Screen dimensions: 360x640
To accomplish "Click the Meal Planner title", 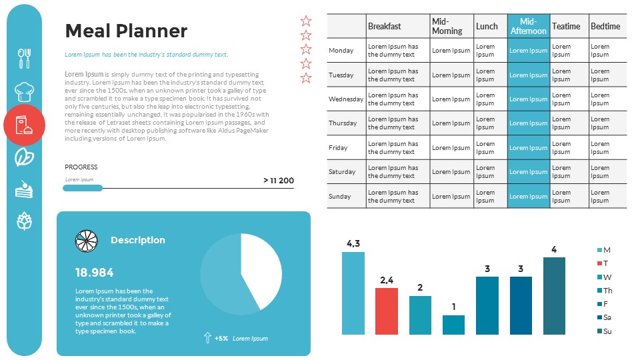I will (x=126, y=31).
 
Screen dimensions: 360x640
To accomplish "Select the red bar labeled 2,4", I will (x=387, y=311).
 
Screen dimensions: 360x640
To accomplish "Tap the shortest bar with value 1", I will (x=453, y=325).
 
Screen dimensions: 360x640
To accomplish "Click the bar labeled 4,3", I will (x=353, y=293).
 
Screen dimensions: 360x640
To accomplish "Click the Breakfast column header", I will (x=385, y=26).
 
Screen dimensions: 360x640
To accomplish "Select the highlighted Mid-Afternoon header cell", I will (x=528, y=26).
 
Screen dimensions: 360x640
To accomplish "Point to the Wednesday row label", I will (x=346, y=99).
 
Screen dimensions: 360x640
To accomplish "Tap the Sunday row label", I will (x=340, y=197).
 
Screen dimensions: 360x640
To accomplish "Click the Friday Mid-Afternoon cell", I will (x=528, y=148).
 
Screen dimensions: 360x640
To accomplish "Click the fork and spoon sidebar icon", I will (x=24, y=58).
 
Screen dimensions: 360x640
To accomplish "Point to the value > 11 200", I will (x=278, y=181).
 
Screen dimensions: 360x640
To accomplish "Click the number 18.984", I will (x=94, y=272).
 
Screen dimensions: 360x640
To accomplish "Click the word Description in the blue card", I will (x=137, y=240).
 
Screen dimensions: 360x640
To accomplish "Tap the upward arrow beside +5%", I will (x=207, y=338).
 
